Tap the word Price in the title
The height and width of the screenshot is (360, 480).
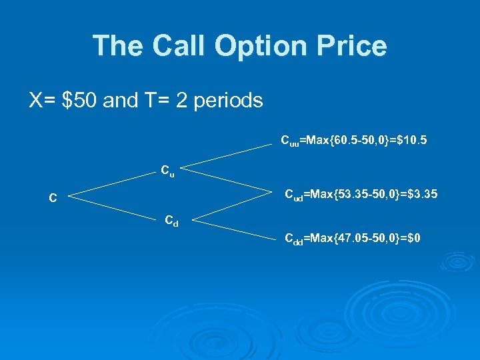coord(353,46)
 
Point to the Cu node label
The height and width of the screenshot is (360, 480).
coord(167,170)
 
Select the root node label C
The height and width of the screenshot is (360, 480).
coord(52,198)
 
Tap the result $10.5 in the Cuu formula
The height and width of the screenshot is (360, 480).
coord(413,141)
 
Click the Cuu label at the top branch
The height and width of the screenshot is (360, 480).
coord(289,141)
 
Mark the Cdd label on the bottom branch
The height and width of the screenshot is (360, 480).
coord(293,239)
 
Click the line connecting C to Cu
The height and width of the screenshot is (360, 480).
coord(110,185)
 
